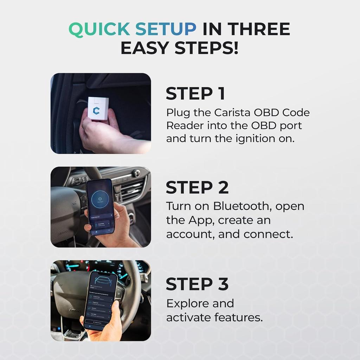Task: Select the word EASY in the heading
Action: point(147,49)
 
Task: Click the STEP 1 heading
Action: point(195,94)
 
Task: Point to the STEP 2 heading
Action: point(197,188)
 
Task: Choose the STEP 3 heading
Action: point(197,284)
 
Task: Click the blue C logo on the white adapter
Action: point(96,110)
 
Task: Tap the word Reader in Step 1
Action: point(185,126)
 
